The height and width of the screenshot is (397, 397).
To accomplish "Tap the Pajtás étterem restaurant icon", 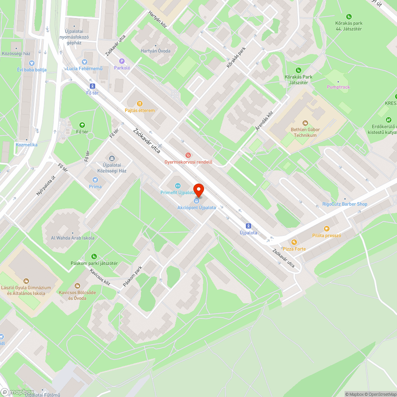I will click(139, 104).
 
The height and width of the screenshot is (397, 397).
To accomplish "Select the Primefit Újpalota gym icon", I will click(177, 185).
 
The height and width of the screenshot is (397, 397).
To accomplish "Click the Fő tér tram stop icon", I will click(93, 86).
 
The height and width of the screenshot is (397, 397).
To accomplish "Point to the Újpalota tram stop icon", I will click(249, 225).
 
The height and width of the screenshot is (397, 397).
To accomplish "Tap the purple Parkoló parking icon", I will click(122, 61).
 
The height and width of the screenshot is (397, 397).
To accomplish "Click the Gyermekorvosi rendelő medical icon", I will click(189, 155).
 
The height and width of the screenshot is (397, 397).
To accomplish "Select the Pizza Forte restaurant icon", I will click(294, 242).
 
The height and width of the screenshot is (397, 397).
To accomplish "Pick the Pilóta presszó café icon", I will click(327, 229).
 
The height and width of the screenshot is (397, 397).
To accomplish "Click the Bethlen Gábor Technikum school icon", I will click(305, 123).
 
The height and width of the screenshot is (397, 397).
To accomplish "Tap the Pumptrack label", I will click(338, 87).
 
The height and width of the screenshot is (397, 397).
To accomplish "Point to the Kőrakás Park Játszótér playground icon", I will click(299, 70).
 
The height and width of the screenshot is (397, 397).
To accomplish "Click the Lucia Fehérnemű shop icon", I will click(84, 62).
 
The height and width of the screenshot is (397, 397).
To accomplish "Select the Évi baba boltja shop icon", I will click(32, 63).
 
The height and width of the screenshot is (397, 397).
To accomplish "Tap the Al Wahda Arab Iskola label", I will click(73, 238).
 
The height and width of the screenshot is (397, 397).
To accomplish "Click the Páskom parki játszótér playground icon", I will click(94, 256).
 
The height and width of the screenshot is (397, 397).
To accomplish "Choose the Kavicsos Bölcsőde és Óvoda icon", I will click(77, 285).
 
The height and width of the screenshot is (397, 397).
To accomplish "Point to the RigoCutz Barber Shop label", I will click(345, 204).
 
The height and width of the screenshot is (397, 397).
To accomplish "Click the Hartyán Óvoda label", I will click(155, 51).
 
